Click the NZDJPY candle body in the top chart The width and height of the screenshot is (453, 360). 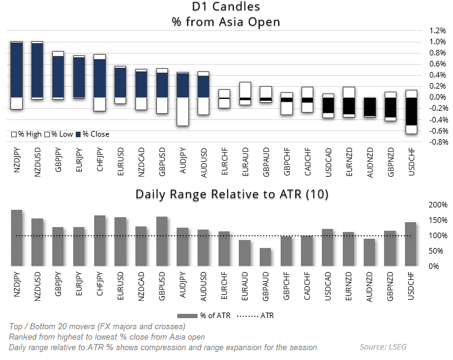(17, 69)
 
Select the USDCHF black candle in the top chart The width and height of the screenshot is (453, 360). (411, 111)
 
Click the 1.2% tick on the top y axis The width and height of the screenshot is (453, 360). (438, 30)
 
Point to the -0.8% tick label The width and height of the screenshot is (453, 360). (437, 142)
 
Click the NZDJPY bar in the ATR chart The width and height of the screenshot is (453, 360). (17, 238)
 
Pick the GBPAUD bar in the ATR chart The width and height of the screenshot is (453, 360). (265, 257)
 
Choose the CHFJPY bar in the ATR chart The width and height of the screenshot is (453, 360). (100, 241)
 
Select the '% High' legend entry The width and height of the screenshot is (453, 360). (25, 134)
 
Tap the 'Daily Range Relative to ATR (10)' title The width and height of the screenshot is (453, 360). (232, 194)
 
